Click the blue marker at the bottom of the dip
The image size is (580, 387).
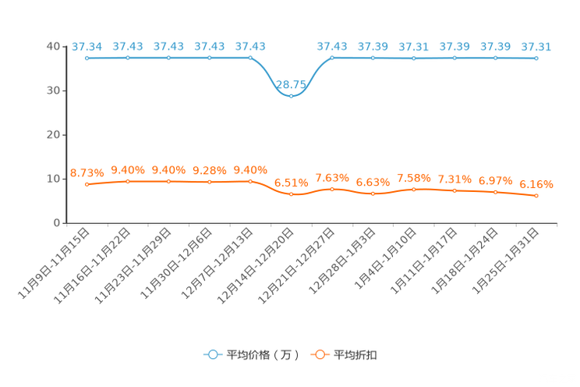click(291, 94)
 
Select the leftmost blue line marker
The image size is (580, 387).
click(87, 58)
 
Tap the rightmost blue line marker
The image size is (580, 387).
click(536, 59)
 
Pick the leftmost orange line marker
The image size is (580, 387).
click(87, 184)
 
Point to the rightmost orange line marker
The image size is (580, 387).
click(536, 196)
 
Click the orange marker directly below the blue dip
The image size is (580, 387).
click(291, 194)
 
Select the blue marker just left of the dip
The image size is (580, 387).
click(250, 58)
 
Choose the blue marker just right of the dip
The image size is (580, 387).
click(332, 58)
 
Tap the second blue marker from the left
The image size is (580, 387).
click(127, 58)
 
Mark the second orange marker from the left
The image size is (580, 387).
click(127, 181)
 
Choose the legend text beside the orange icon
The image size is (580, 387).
click(356, 355)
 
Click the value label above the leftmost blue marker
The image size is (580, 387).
click(87, 46)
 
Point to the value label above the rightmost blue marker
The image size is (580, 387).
click(536, 47)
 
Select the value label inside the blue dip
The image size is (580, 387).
click(291, 84)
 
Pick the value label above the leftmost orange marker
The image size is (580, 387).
click(87, 172)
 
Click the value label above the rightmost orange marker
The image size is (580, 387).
click(536, 184)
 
